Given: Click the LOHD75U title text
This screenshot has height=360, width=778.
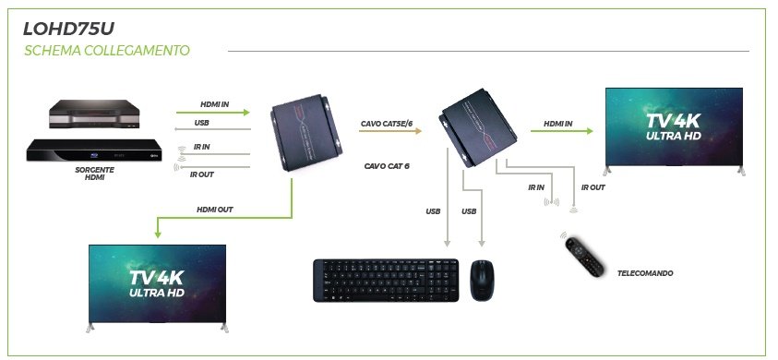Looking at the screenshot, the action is click(x=68, y=29).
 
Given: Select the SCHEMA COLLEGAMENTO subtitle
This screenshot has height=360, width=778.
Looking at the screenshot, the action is click(x=107, y=51).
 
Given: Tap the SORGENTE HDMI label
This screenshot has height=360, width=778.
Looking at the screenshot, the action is click(x=94, y=174).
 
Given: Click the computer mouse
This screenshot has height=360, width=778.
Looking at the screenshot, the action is click(x=483, y=280).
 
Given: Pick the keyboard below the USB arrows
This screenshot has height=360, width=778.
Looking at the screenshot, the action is click(x=386, y=280).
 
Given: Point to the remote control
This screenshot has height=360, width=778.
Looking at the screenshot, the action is click(x=584, y=258).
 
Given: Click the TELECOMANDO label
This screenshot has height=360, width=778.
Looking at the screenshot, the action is click(x=645, y=273).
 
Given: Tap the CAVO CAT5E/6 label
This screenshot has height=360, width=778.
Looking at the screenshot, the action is click(x=387, y=123).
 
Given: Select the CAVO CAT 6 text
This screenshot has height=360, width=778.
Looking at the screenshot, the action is click(x=387, y=166).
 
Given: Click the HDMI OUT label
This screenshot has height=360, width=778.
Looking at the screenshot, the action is click(x=215, y=210).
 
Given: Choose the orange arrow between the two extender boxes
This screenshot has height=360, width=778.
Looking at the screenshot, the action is click(x=390, y=131).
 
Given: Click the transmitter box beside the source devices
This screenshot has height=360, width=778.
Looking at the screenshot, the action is click(x=306, y=133).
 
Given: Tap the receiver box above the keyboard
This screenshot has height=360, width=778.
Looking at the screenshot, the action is click(x=477, y=127).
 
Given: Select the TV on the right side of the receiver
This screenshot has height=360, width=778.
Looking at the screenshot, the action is click(x=675, y=131).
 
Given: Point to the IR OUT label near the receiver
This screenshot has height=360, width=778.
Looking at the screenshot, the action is click(x=592, y=187).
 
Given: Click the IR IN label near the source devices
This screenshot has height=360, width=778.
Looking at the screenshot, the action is click(x=201, y=148).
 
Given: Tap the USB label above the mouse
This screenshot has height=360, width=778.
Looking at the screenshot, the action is click(x=469, y=211).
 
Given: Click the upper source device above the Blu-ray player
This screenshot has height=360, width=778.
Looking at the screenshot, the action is click(x=94, y=114).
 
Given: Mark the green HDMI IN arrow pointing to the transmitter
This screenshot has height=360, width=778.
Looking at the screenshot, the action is click(x=213, y=113).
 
